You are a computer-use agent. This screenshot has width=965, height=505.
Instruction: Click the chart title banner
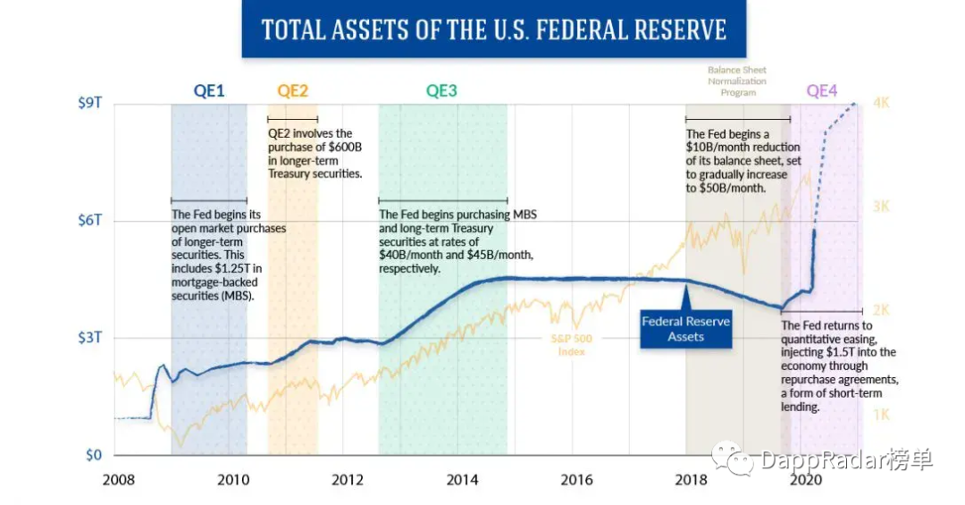(493, 29)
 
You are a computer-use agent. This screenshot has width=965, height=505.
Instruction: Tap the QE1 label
(208, 90)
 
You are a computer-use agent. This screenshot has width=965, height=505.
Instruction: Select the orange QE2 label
(292, 90)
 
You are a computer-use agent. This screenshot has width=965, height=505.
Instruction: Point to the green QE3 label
(441, 90)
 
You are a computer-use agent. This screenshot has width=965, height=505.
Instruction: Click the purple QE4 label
(822, 90)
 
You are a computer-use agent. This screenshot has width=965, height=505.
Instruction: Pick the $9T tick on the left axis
(90, 104)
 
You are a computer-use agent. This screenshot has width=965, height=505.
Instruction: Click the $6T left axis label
(90, 221)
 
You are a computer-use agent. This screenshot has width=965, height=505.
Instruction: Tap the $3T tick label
(90, 338)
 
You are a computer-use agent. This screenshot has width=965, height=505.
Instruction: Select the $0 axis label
(94, 455)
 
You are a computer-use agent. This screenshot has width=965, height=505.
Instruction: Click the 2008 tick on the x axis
(119, 480)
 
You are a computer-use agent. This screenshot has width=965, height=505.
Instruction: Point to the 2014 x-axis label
(463, 480)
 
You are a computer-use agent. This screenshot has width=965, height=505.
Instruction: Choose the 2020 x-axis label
(806, 480)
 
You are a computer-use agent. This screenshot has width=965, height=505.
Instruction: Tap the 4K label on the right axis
(881, 104)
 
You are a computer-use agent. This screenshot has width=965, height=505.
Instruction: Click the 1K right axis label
(880, 415)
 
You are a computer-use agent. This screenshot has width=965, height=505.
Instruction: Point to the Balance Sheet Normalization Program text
(737, 81)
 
